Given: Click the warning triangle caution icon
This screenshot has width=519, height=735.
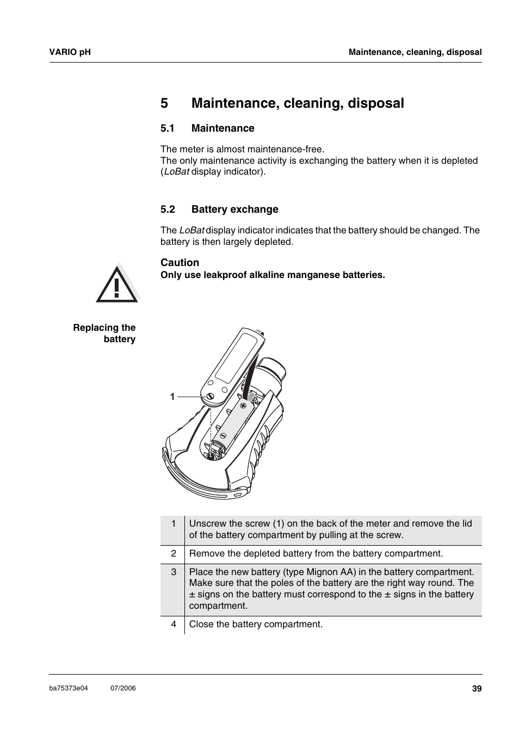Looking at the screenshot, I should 117,283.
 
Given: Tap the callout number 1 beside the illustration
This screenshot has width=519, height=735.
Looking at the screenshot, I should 172,397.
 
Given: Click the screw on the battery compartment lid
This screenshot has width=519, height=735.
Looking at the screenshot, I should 209,397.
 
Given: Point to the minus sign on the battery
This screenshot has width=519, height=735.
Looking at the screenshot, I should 223,435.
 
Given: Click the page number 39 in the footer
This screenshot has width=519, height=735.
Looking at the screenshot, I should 477,689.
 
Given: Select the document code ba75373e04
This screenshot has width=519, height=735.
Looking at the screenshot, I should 69,688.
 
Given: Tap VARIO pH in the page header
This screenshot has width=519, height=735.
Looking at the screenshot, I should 70,52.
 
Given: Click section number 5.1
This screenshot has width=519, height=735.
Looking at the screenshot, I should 167,128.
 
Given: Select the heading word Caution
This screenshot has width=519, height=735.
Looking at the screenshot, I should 180,263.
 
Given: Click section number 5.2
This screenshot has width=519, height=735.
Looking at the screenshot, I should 167,209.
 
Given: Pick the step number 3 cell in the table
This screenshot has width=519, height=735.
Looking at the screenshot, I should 174,572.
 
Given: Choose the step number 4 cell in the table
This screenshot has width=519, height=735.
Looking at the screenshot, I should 174,624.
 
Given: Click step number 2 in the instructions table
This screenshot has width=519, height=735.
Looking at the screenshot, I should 174,553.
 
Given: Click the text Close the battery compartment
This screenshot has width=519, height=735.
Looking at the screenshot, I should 256,624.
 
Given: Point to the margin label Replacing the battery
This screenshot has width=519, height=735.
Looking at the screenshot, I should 104,333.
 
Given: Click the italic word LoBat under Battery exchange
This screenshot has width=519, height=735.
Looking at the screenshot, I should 191,230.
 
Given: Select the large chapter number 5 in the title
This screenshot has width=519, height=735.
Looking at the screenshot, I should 164,103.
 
